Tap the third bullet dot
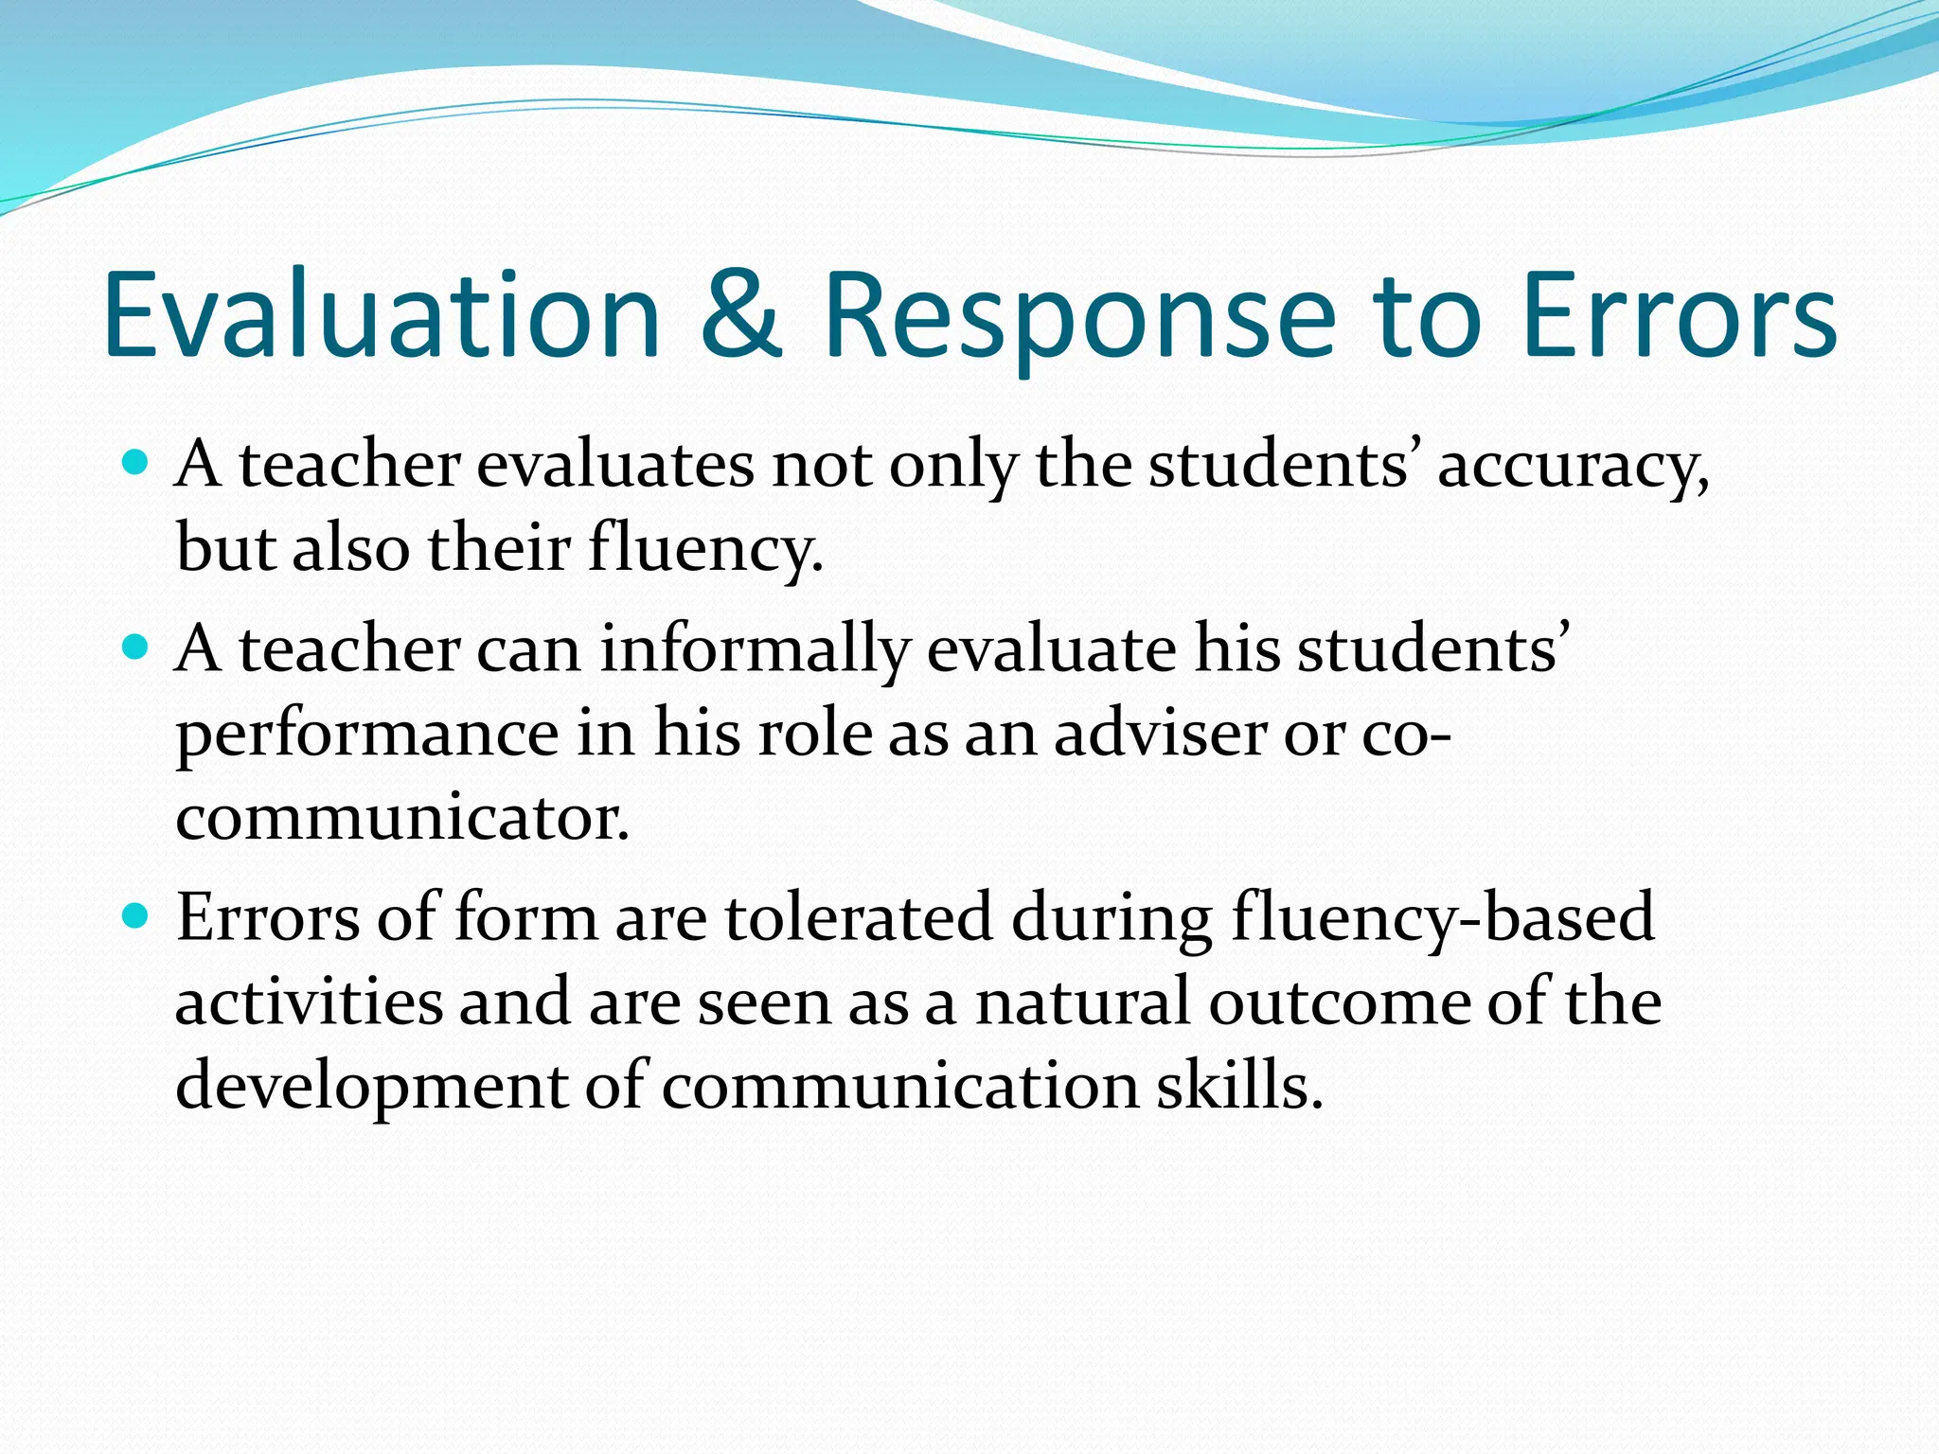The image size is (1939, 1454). pos(136,915)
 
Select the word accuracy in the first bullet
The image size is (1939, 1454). pos(1573,466)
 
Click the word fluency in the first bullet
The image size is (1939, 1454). pos(704,549)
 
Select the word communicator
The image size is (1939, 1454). pos(402,817)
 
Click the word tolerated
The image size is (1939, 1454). pos(859,916)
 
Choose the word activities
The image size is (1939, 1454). pos(309,1002)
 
